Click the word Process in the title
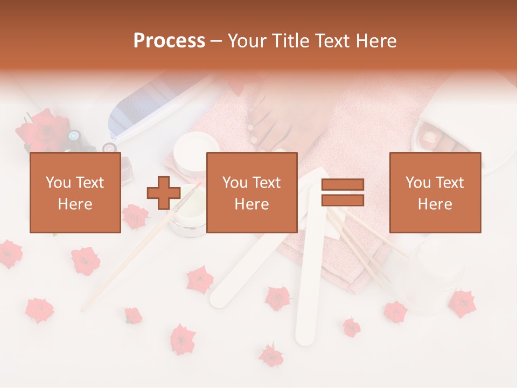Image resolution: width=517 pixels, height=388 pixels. click(169, 41)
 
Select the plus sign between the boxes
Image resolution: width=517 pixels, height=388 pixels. click(164, 193)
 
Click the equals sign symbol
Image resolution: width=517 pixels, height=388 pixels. click(343, 193)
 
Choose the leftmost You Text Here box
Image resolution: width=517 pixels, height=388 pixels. click(75, 192)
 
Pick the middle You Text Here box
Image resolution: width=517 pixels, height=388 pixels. click(251, 192)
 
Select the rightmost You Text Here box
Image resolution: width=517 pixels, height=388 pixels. click(435, 192)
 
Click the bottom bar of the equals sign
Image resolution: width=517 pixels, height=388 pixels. click(343, 200)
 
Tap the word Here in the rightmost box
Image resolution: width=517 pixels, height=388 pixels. click(435, 204)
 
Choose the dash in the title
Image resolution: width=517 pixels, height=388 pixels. click(216, 41)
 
